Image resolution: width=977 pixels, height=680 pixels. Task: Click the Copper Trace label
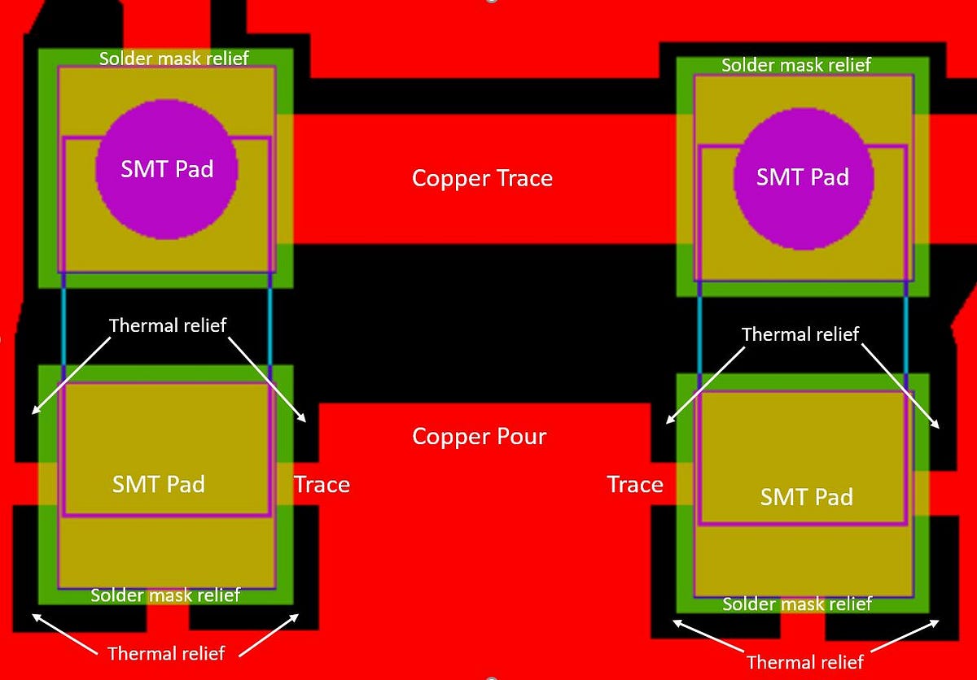pos(482,178)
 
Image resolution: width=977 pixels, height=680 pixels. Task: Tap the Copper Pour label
pos(479,436)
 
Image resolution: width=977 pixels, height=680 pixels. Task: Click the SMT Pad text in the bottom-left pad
pos(158,484)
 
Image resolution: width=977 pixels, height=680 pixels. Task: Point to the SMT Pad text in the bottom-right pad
pos(806,496)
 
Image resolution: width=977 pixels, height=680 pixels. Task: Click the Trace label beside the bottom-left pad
pos(322,485)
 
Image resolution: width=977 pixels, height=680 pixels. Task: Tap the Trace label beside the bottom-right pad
pos(635,485)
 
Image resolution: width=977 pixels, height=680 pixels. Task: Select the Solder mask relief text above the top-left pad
pos(173,59)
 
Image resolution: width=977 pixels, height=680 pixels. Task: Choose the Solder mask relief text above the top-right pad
pos(796,65)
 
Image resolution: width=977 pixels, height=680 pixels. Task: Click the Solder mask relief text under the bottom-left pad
pos(165,595)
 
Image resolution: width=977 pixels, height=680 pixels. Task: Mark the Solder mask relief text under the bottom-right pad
pos(797,604)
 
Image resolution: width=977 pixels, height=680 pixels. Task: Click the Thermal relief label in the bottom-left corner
pos(166,652)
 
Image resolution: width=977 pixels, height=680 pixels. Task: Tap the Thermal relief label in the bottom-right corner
pos(804,661)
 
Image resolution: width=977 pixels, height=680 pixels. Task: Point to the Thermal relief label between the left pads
pos(167,325)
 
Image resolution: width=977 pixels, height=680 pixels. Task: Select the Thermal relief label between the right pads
pos(800,334)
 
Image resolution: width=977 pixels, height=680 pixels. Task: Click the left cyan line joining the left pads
pos(63,325)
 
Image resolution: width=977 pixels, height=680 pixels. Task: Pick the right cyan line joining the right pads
pos(906,333)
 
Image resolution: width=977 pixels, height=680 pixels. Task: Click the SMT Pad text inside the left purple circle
pos(167,168)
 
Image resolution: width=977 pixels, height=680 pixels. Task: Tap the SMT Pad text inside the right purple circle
pos(803,177)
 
